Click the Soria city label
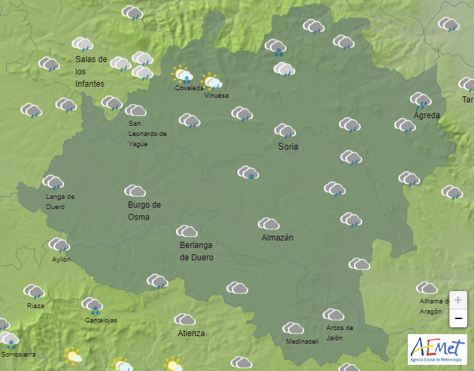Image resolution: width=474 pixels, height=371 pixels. pyautogui.click(x=288, y=146)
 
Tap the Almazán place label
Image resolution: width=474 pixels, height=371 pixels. pyautogui.click(x=277, y=238)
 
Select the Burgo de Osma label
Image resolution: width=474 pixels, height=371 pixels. pyautogui.click(x=144, y=211)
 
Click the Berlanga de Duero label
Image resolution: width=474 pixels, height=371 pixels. pyautogui.click(x=196, y=251)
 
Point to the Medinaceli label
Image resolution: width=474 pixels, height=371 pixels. pyautogui.click(x=302, y=342)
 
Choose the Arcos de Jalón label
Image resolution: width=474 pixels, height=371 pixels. pyautogui.click(x=339, y=333)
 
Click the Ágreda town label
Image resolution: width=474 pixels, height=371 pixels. pyautogui.click(x=427, y=115)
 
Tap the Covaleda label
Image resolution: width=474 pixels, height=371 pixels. pyautogui.click(x=189, y=88)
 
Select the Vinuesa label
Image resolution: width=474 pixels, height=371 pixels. pyautogui.click(x=216, y=96)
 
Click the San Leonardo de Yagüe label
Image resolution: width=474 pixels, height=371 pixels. pyautogui.click(x=147, y=133)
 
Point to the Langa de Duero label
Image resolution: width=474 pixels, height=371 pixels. pyautogui.click(x=60, y=202)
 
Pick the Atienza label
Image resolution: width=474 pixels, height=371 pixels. pyautogui.click(x=191, y=333)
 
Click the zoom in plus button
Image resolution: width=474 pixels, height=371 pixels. pyautogui.click(x=458, y=299)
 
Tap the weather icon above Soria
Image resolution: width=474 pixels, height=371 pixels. pyautogui.click(x=284, y=130)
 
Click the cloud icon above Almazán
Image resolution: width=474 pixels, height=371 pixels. pyautogui.click(x=269, y=223)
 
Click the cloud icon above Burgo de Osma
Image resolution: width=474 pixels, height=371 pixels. pyautogui.click(x=134, y=191)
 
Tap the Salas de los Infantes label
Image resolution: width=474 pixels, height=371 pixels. pyautogui.click(x=91, y=71)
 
